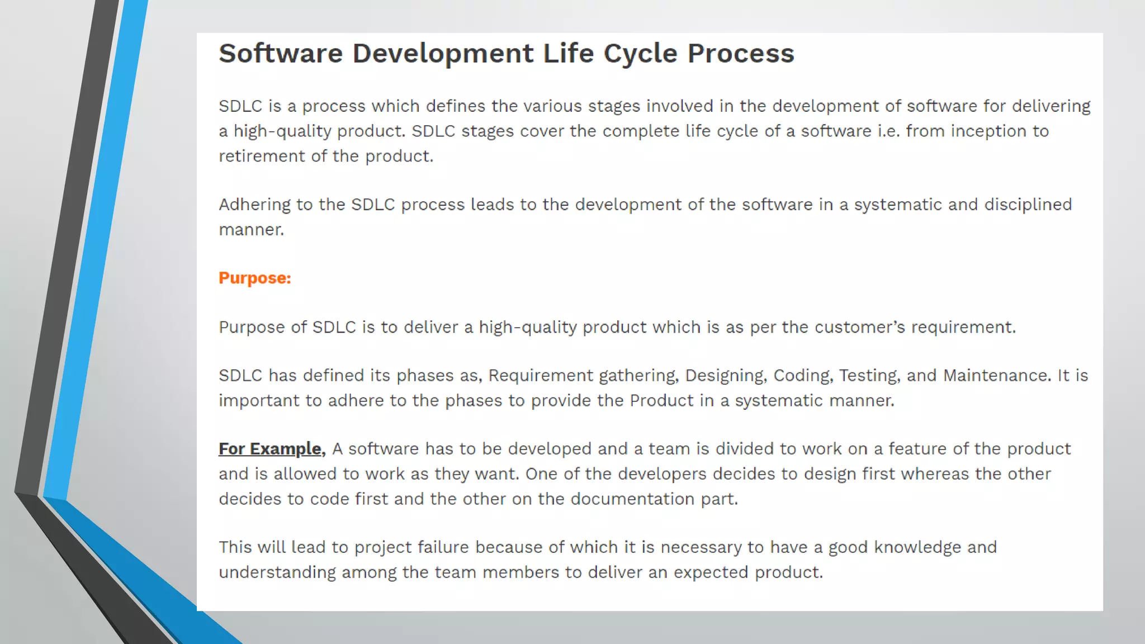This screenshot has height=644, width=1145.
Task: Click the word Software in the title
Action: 280,54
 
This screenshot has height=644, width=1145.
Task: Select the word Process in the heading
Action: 740,54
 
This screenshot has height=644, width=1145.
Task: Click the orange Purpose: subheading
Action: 254,278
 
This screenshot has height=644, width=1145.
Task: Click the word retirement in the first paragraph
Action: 261,156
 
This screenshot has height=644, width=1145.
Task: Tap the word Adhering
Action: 254,205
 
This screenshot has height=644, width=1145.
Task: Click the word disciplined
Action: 1028,205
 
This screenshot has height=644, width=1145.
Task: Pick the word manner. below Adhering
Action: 251,230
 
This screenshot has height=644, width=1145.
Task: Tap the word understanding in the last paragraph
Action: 277,572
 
